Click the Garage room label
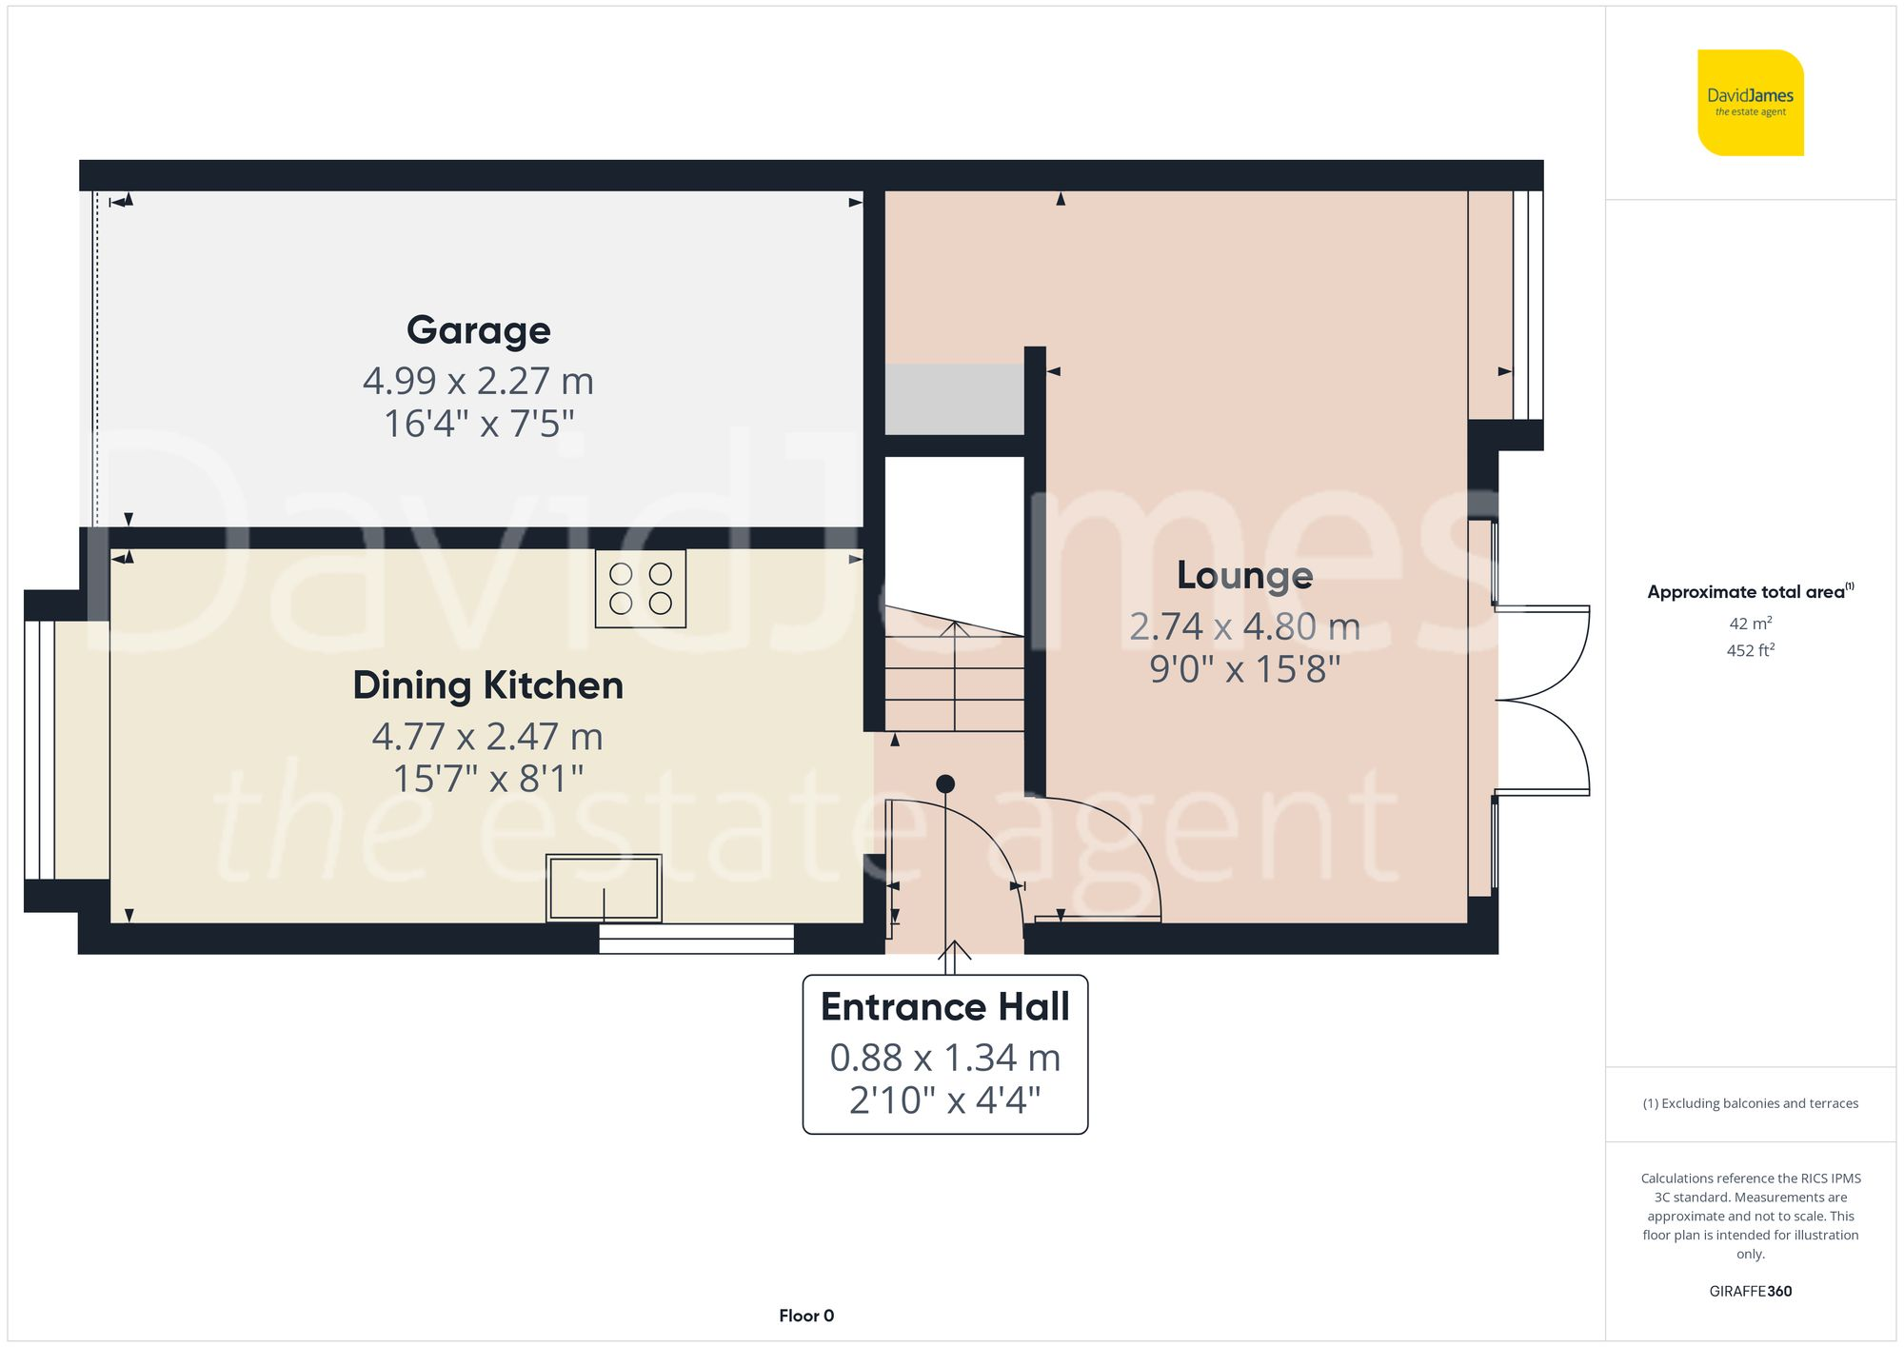[x=478, y=330]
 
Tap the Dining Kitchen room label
[x=487, y=685]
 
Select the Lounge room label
[x=1244, y=575]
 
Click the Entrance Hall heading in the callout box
[x=944, y=1007]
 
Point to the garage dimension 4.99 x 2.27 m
[x=478, y=381]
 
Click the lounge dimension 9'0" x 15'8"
[x=1244, y=669]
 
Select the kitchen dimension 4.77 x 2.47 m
[x=487, y=736]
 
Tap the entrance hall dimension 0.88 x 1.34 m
[x=944, y=1058]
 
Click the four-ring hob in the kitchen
[x=640, y=588]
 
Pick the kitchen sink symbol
[x=604, y=887]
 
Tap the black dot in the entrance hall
[x=944, y=783]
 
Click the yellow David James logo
[x=1750, y=103]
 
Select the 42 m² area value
[x=1750, y=624]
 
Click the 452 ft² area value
[x=1750, y=650]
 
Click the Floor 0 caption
[x=805, y=1316]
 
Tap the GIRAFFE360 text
[x=1750, y=1291]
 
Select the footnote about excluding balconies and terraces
[x=1750, y=1103]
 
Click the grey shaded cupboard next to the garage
[x=954, y=399]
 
